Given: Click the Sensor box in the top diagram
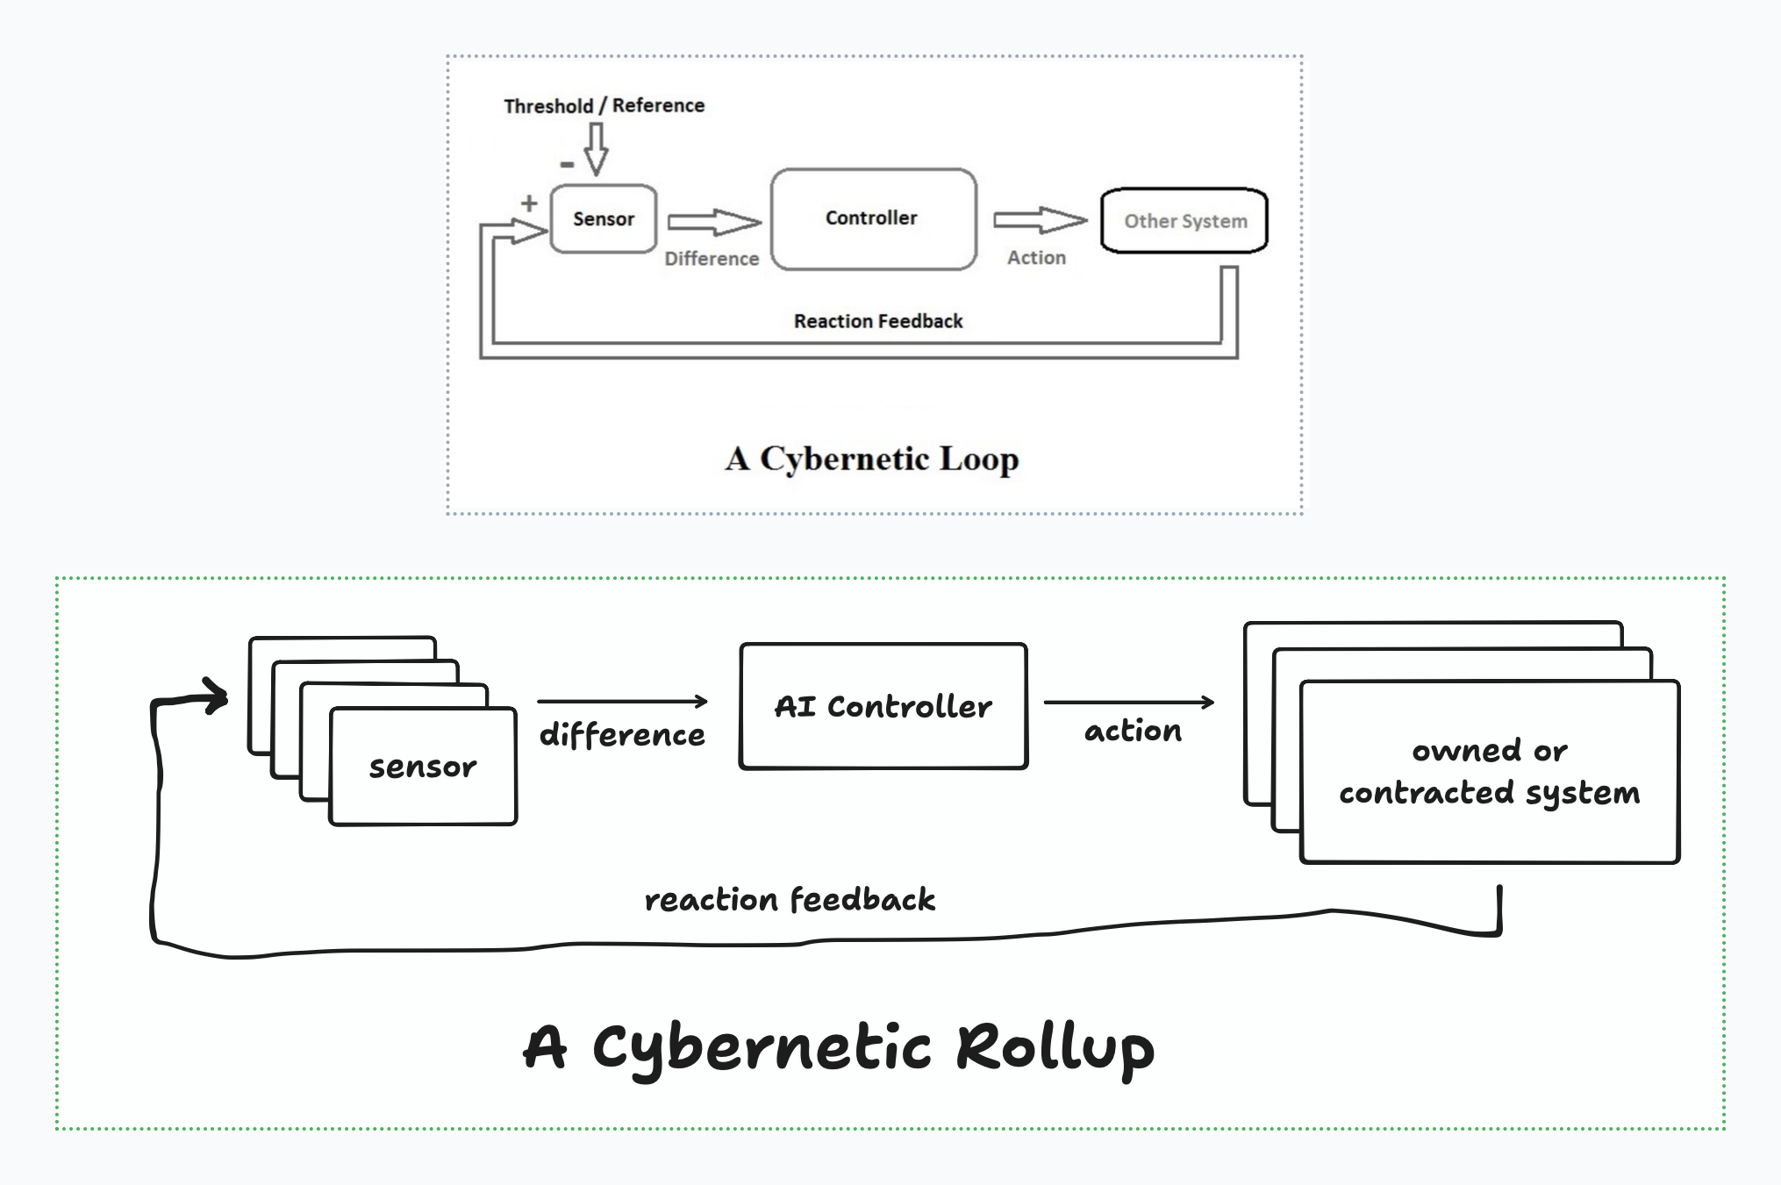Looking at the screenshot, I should pyautogui.click(x=604, y=218).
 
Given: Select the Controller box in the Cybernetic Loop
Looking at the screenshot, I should pyautogui.click(x=872, y=218).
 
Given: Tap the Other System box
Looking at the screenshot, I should pyautogui.click(x=1184, y=221).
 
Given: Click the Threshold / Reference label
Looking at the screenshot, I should pyautogui.click(x=604, y=106).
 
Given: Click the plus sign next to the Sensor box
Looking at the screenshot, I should pyautogui.click(x=529, y=203).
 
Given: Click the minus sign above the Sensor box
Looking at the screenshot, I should pyautogui.click(x=567, y=164).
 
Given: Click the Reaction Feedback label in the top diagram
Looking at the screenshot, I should pyautogui.click(x=877, y=321).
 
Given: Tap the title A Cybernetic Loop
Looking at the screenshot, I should pyautogui.click(x=872, y=459).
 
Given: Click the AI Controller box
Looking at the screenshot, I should pyautogui.click(x=883, y=706).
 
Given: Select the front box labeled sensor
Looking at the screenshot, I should pyautogui.click(x=423, y=767).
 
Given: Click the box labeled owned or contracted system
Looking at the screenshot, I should pyautogui.click(x=1489, y=772).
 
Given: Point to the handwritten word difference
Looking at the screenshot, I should pyautogui.click(x=621, y=735).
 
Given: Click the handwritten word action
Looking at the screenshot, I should pyautogui.click(x=1133, y=731).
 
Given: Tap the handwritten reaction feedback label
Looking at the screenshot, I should pyautogui.click(x=790, y=900).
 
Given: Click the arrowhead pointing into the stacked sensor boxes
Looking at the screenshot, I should pyautogui.click(x=215, y=696).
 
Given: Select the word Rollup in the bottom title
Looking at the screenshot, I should pyautogui.click(x=1055, y=1047).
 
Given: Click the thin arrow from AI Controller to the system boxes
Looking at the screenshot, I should pyautogui.click(x=1128, y=702).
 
